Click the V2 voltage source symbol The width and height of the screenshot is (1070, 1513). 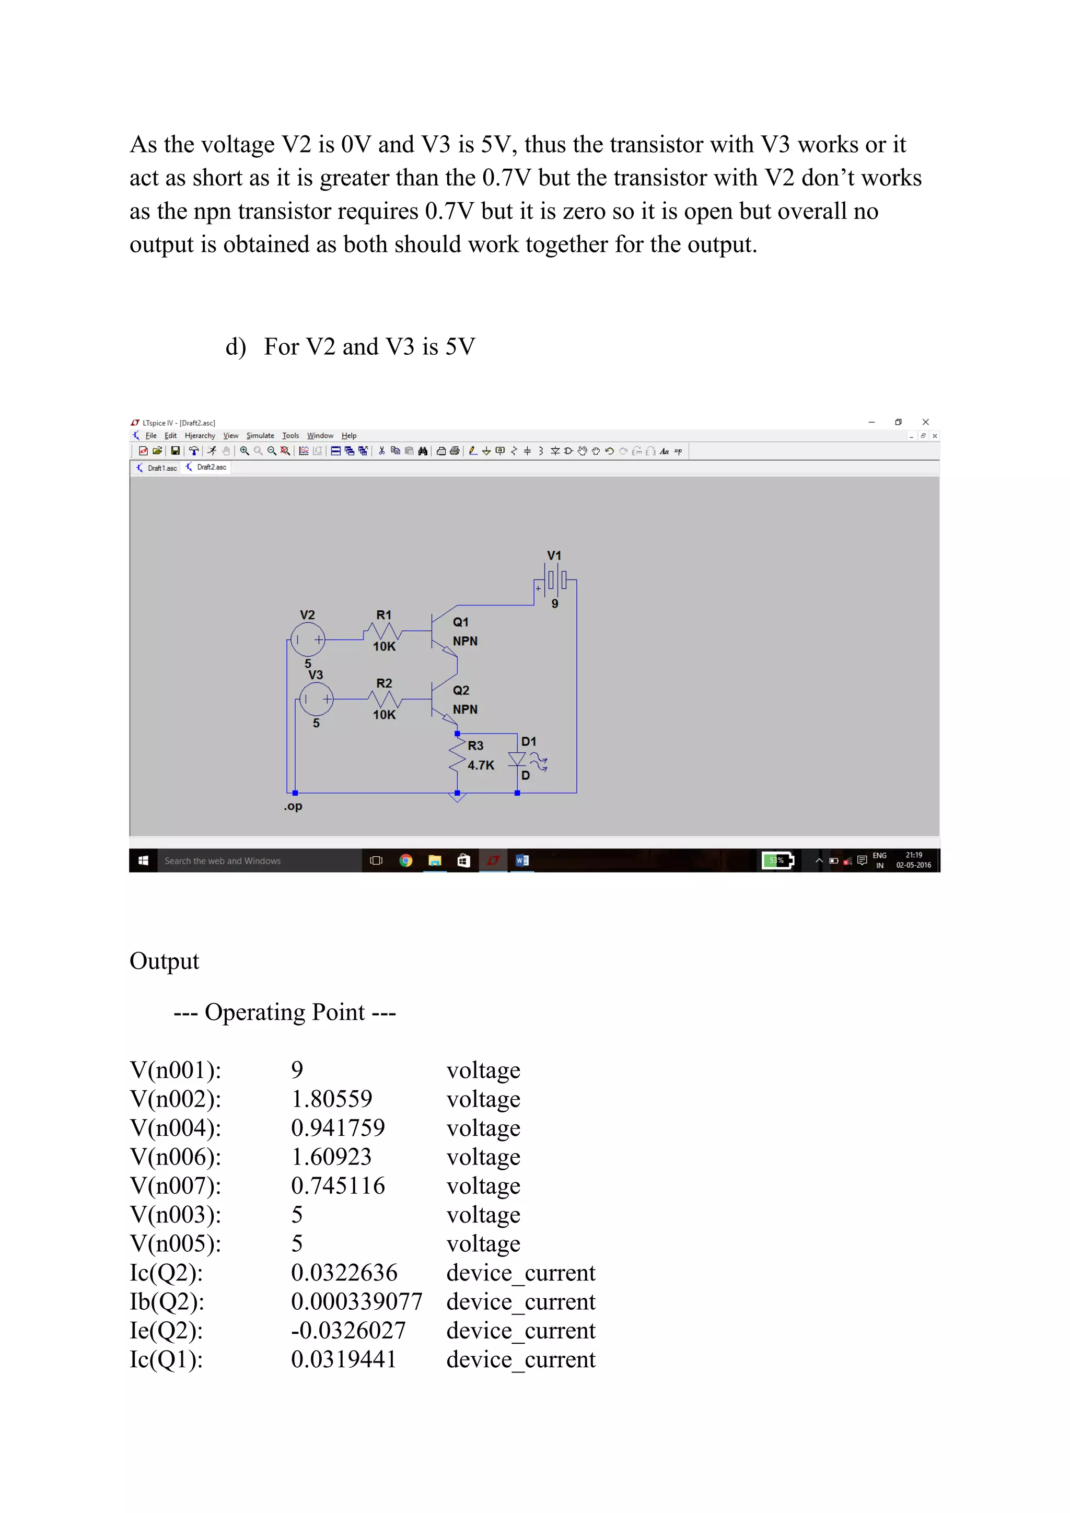coord(308,639)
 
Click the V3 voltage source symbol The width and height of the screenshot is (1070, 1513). coord(316,699)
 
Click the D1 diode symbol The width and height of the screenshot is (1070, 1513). coord(517,759)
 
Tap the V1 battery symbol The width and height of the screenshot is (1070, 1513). coord(555,579)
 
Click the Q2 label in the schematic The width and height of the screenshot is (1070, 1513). coord(460,690)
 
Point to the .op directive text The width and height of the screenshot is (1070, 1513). coord(293,806)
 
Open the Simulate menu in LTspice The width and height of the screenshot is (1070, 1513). coord(260,436)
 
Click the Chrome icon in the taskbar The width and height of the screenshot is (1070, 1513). coord(406,860)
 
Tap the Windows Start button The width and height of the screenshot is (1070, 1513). coord(143,860)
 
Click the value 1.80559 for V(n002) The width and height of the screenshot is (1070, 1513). coord(331,1099)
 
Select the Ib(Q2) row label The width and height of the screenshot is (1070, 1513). coord(167,1301)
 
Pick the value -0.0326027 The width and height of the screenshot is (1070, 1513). coord(348,1331)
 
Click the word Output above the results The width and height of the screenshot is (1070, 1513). coord(164,961)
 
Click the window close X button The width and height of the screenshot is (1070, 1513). coord(926,422)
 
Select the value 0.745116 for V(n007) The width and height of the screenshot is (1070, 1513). coord(338,1185)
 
